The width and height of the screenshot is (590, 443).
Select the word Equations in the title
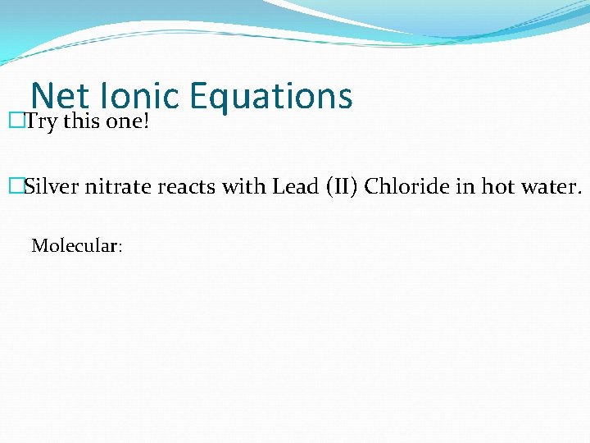tap(270, 96)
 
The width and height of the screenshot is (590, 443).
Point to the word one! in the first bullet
tap(128, 123)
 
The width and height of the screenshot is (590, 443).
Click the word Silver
tap(51, 187)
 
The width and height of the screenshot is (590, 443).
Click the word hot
tap(497, 187)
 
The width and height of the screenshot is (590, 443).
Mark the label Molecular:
tap(76, 245)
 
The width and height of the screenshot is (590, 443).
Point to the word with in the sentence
tap(240, 187)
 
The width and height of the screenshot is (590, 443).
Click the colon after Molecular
tap(120, 247)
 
